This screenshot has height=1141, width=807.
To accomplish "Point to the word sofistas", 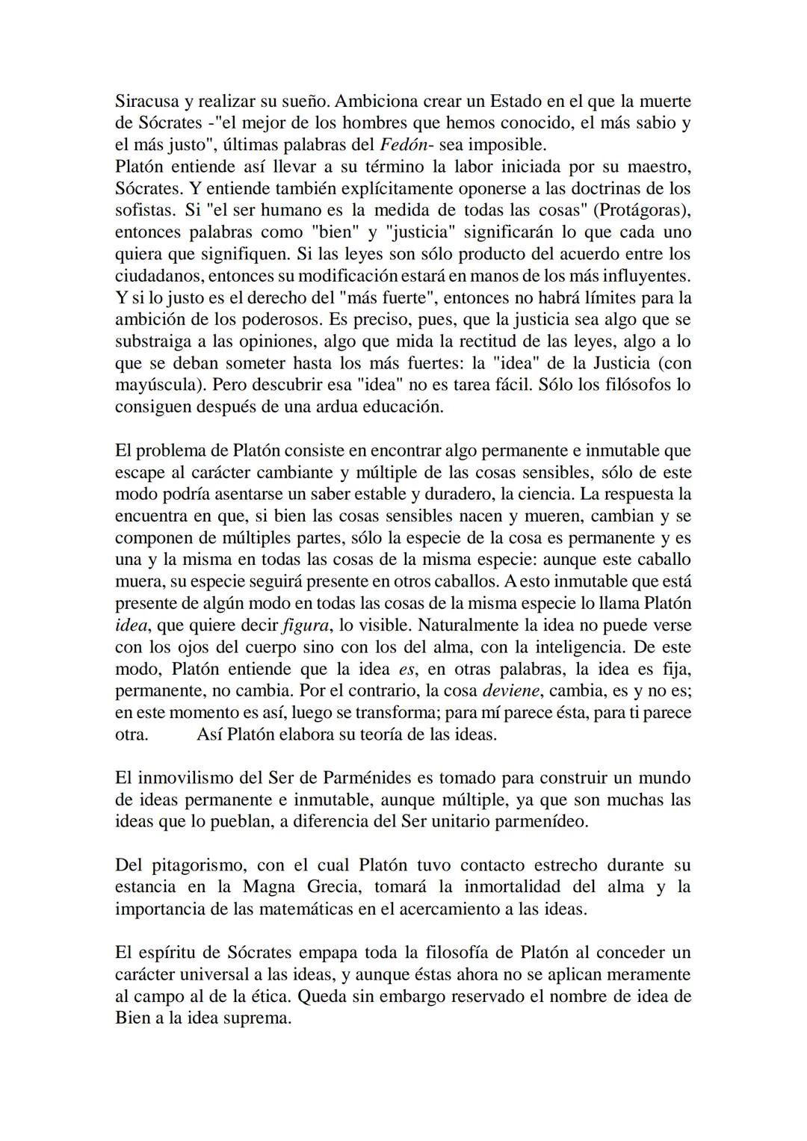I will [x=140, y=210].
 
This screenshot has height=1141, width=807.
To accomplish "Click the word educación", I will [x=402, y=407].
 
